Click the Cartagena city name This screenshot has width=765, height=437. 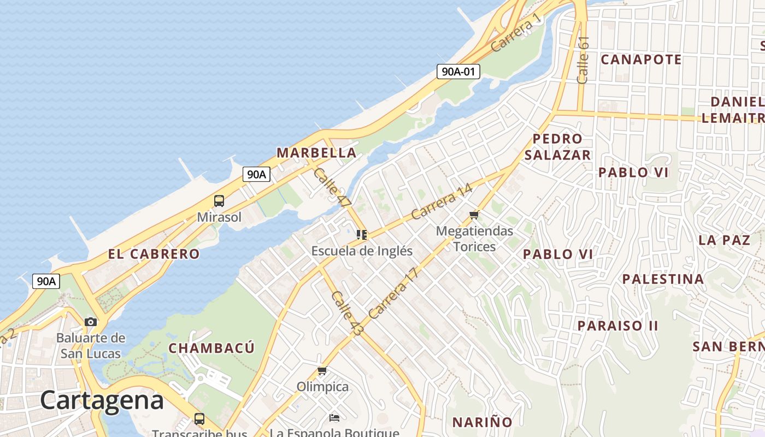pos(102,400)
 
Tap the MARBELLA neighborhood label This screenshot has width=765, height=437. pos(316,153)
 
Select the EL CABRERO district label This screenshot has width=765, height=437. pos(154,254)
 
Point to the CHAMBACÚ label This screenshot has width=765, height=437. pos(211,349)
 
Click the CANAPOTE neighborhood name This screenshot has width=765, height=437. pos(641,60)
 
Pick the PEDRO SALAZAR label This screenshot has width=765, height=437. pos(557,147)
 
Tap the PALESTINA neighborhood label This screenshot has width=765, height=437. pos(663,279)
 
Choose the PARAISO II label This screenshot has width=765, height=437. pos(618,326)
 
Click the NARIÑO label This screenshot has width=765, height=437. pos(482,422)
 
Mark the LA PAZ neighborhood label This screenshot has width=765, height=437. pos(724,240)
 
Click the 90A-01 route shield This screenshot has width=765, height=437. pos(458,71)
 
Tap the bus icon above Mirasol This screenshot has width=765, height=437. pos(219,201)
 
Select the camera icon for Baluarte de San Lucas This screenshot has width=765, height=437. pos(91,322)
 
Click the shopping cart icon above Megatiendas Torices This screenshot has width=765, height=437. pos(474,215)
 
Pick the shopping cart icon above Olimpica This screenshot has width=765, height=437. pos(322,371)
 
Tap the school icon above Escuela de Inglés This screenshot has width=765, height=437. pos(361,235)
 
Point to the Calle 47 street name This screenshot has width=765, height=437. pos(332,187)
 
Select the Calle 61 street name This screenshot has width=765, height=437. pos(583,60)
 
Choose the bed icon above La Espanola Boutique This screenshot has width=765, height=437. pos(334,418)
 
